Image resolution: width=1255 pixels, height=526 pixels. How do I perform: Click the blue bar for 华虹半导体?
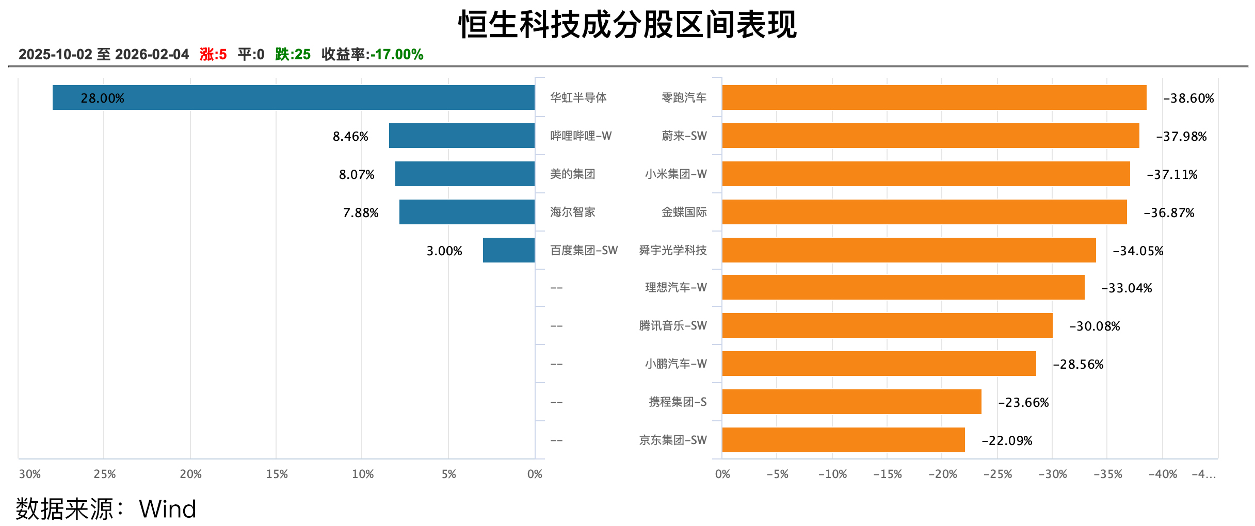pyautogui.click(x=293, y=97)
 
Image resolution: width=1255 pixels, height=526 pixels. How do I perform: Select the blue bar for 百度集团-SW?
pyautogui.click(x=508, y=250)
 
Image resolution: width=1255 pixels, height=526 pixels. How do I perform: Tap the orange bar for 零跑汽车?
pyautogui.click(x=934, y=97)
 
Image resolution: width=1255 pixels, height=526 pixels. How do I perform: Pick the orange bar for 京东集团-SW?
pyautogui.click(x=843, y=440)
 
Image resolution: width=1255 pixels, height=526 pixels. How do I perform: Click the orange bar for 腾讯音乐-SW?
pyautogui.click(x=887, y=325)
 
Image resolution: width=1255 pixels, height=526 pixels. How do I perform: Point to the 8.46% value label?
pyautogui.click(x=350, y=136)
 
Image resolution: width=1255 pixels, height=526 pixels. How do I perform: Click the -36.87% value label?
pyautogui.click(x=1169, y=212)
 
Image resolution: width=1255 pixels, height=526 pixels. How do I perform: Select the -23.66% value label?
pyautogui.click(x=1023, y=402)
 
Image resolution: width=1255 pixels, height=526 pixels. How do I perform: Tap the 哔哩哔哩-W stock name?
pyautogui.click(x=581, y=136)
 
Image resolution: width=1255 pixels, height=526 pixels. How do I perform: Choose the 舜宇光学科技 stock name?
pyautogui.click(x=672, y=250)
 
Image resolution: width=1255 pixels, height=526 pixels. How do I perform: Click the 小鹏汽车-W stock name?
pyautogui.click(x=675, y=364)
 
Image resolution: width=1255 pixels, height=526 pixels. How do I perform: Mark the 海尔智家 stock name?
pyautogui.click(x=572, y=212)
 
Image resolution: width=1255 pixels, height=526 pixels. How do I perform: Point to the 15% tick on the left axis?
pyautogui.click(x=277, y=474)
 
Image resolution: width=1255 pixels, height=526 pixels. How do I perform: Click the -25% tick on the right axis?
pyautogui.click(x=997, y=474)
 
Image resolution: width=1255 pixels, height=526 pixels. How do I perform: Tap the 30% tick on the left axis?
pyautogui.click(x=30, y=474)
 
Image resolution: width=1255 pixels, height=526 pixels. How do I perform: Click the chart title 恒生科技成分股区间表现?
pyautogui.click(x=627, y=25)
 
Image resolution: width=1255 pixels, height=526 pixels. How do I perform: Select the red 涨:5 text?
pyautogui.click(x=213, y=54)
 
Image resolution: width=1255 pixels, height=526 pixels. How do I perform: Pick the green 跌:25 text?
pyautogui.click(x=293, y=54)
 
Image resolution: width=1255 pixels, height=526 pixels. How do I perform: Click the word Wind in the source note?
pyautogui.click(x=168, y=509)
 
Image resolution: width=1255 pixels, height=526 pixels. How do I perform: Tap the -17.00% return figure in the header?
pyautogui.click(x=397, y=54)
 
